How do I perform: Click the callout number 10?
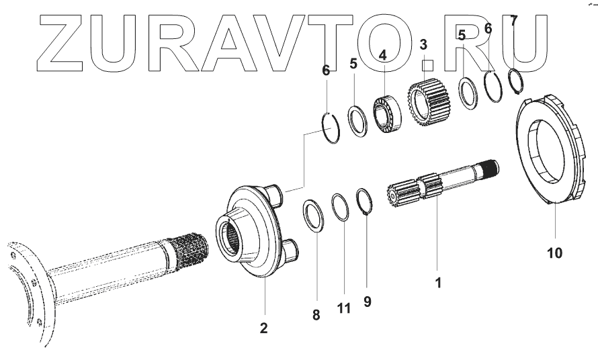[554, 253]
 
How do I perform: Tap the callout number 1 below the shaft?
[437, 283]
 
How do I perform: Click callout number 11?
[343, 308]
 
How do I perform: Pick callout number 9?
[367, 302]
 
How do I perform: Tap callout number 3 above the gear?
[423, 45]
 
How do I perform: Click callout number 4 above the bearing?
[382, 54]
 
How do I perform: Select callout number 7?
[514, 21]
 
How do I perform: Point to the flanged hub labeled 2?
[252, 232]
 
